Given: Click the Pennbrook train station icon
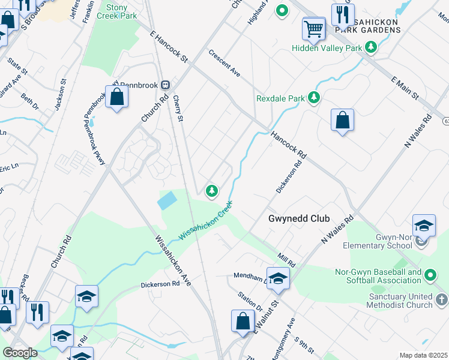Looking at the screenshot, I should [x=164, y=85].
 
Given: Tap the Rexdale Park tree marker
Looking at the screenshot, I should [x=313, y=97].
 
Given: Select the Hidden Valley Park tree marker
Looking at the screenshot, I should [x=371, y=47].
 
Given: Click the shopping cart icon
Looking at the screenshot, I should [x=313, y=28].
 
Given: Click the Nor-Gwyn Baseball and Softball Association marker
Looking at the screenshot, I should [x=430, y=275].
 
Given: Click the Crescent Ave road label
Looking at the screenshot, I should [x=224, y=63].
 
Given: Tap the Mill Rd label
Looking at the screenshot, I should [x=286, y=260].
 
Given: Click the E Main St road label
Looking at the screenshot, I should [x=404, y=88].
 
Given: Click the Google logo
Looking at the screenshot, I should [x=20, y=353].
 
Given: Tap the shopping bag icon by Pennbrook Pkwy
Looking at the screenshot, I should [x=117, y=96].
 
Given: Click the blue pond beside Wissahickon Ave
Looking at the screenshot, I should [x=167, y=200].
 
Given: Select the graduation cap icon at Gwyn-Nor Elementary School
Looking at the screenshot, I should [x=424, y=225].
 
